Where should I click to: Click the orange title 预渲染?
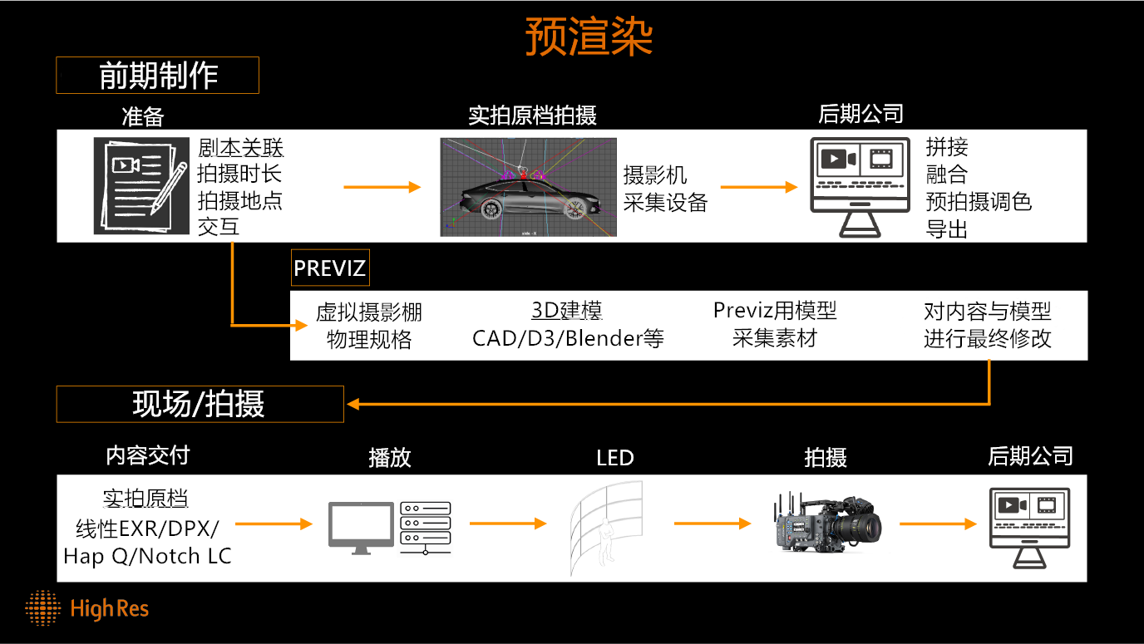(x=589, y=37)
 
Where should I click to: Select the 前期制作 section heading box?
(x=157, y=75)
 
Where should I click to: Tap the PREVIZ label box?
(x=330, y=268)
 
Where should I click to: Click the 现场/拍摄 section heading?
(x=200, y=404)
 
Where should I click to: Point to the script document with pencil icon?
(x=141, y=186)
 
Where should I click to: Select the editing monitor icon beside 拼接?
(x=860, y=187)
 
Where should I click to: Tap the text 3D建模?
(x=567, y=310)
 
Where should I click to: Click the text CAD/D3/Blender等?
(x=568, y=338)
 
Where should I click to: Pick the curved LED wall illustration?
(x=606, y=527)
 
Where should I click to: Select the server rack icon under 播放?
(x=426, y=528)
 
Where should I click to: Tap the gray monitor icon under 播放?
(x=361, y=528)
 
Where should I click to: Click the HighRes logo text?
(x=110, y=608)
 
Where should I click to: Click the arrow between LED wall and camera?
(x=713, y=524)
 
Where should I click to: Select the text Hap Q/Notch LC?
(x=148, y=556)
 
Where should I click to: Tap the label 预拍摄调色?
(x=979, y=202)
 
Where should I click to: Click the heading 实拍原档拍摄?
(x=532, y=116)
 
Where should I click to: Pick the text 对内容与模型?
(x=987, y=311)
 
